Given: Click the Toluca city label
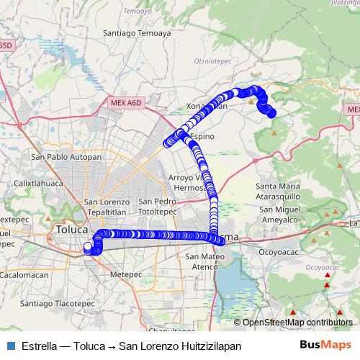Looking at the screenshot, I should [x=70, y=230].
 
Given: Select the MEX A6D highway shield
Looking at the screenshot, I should [x=127, y=103].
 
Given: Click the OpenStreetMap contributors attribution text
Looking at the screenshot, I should [x=297, y=323].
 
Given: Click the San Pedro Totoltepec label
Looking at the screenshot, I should [x=158, y=206].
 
